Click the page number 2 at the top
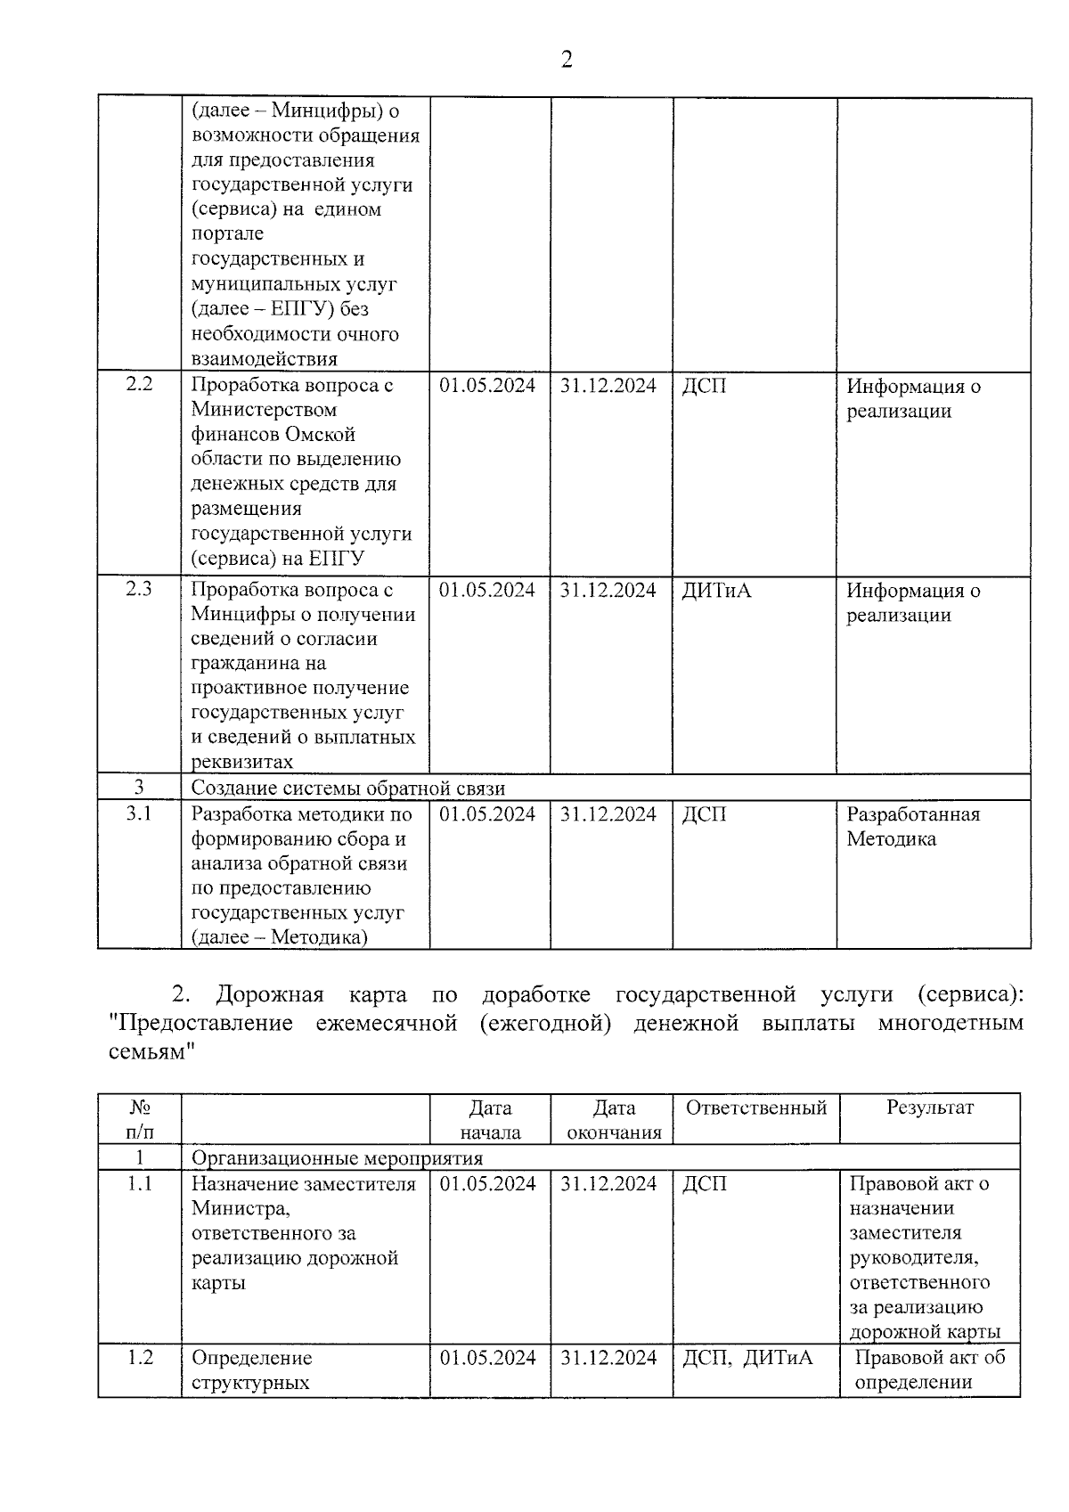566,61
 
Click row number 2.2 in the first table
139,385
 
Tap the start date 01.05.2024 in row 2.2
487,386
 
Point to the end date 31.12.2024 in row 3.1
608,814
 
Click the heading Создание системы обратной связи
348,789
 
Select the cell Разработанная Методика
912,827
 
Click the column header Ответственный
755,1107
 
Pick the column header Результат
929,1107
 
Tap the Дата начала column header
490,1120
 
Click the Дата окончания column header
614,1120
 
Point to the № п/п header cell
139,1120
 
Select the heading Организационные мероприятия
337,1158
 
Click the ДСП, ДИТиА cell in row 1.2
747,1358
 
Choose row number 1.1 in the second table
139,1184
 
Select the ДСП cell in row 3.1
704,814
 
